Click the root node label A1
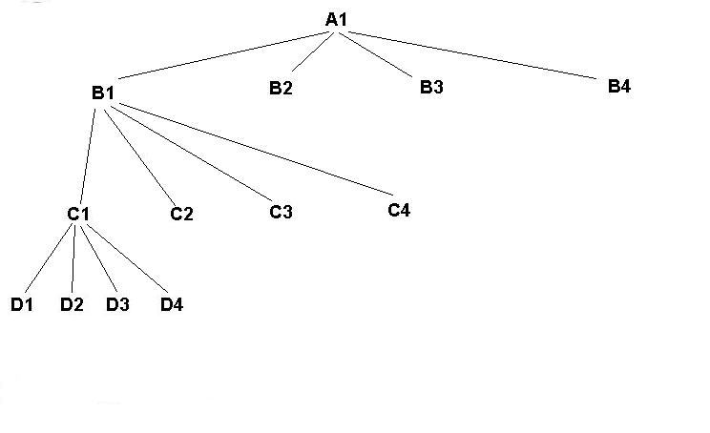pyautogui.click(x=337, y=19)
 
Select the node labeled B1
pyautogui.click(x=103, y=93)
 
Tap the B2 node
pyautogui.click(x=281, y=88)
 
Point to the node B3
pyautogui.click(x=431, y=87)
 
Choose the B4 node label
pyautogui.click(x=619, y=86)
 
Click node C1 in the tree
pyautogui.click(x=78, y=214)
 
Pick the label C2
pyautogui.click(x=181, y=214)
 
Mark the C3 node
pyautogui.click(x=281, y=212)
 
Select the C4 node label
pyautogui.click(x=399, y=210)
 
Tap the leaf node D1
pyautogui.click(x=22, y=304)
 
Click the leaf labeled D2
pyautogui.click(x=72, y=304)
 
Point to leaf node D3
pyautogui.click(x=117, y=304)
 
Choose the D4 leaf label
pyautogui.click(x=172, y=304)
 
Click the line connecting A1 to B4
pyautogui.click(x=472, y=55)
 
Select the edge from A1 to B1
pyautogui.click(x=223, y=55)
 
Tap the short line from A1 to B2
pyautogui.click(x=312, y=52)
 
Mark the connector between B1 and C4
pyautogui.click(x=257, y=150)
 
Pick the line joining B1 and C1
pyautogui.click(x=88, y=156)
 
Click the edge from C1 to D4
pyautogui.click(x=127, y=258)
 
